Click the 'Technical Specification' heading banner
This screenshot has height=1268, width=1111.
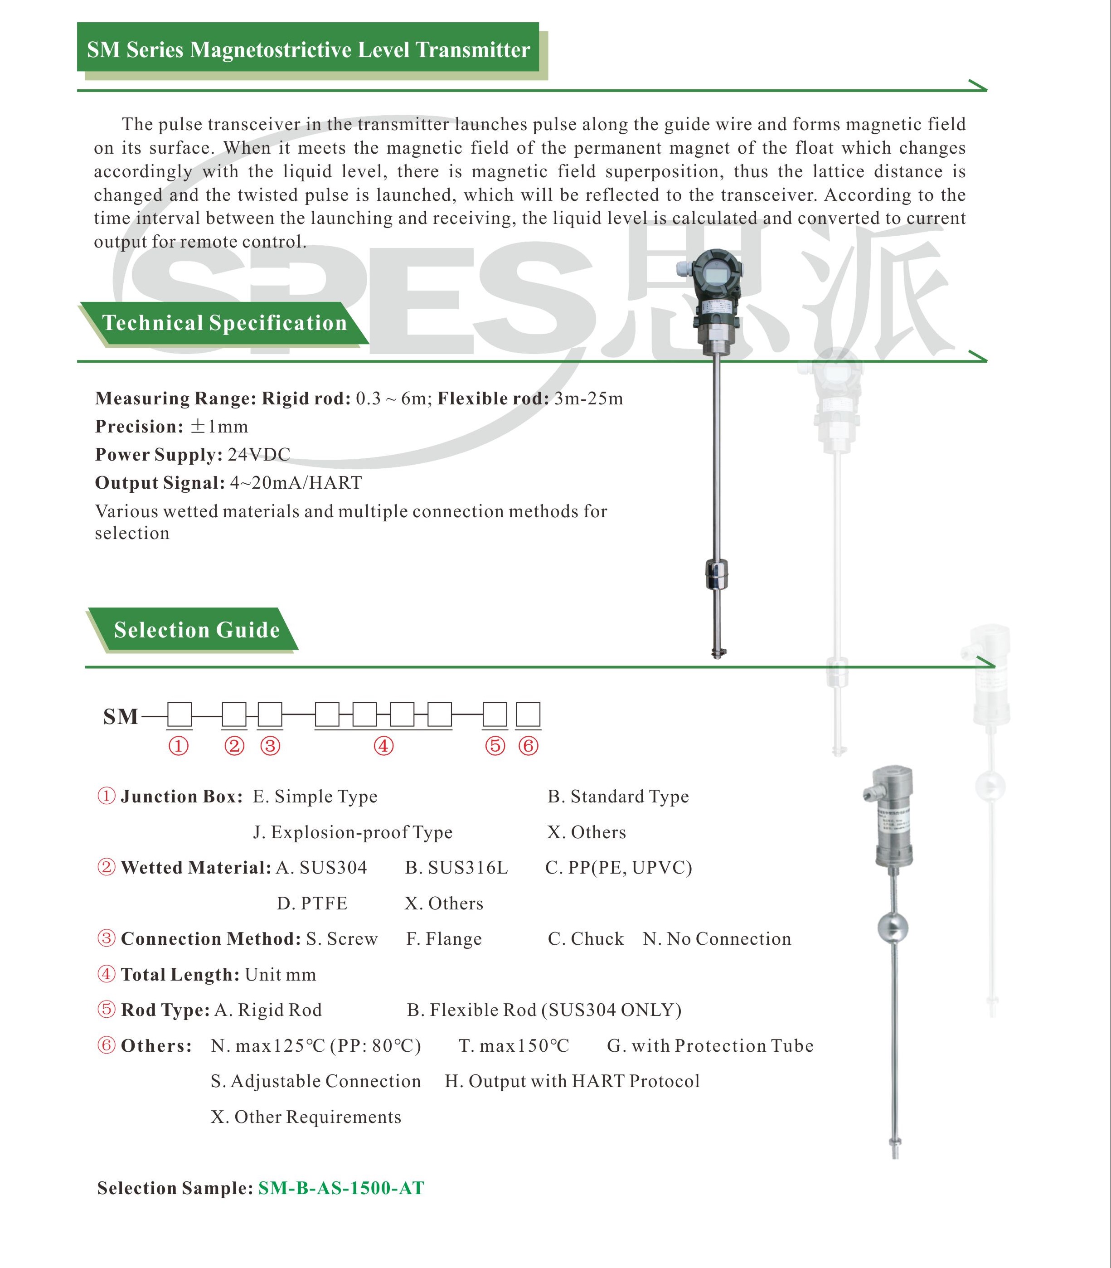pyautogui.click(x=224, y=323)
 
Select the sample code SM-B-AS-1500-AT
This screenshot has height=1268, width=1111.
pyautogui.click(x=341, y=1188)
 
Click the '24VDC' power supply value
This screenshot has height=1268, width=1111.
pyautogui.click(x=258, y=455)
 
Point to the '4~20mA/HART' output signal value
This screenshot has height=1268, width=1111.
pyautogui.click(x=296, y=482)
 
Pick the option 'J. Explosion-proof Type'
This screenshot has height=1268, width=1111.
pyautogui.click(x=352, y=832)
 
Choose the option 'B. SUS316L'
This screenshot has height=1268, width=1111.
pyautogui.click(x=456, y=867)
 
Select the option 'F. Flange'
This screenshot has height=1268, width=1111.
pyautogui.click(x=444, y=939)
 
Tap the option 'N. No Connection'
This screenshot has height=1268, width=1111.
pyautogui.click(x=717, y=939)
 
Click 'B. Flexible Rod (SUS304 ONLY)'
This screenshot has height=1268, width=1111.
pyautogui.click(x=544, y=1010)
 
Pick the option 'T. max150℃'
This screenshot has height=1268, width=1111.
pyautogui.click(x=513, y=1046)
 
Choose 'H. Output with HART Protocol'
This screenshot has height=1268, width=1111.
pyautogui.click(x=572, y=1081)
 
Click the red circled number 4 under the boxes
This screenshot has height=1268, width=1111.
pyautogui.click(x=384, y=746)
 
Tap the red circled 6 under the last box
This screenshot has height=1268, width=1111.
pyautogui.click(x=528, y=746)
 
